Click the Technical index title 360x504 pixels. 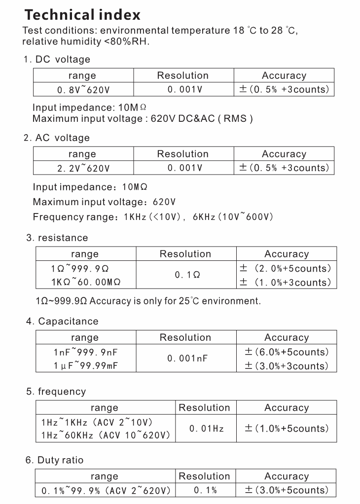coord(82,14)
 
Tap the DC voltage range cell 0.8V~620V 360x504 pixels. coord(82,90)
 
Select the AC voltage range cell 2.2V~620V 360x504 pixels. coord(82,168)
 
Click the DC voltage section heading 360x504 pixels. coord(57,59)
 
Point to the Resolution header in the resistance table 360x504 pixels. coord(185,254)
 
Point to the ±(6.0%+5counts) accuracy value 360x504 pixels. coord(286,352)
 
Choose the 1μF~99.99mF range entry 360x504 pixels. coord(85,366)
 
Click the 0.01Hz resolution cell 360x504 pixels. coord(206,429)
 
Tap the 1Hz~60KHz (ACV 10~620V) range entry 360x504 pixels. coord(106,435)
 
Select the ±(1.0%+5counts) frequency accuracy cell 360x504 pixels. coord(286,429)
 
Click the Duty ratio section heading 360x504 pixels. coord(55,460)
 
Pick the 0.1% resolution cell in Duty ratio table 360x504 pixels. coord(205,490)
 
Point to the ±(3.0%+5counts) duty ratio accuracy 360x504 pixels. coord(286,490)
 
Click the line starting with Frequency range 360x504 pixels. coord(153,216)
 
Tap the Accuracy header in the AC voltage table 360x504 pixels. coord(284,154)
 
